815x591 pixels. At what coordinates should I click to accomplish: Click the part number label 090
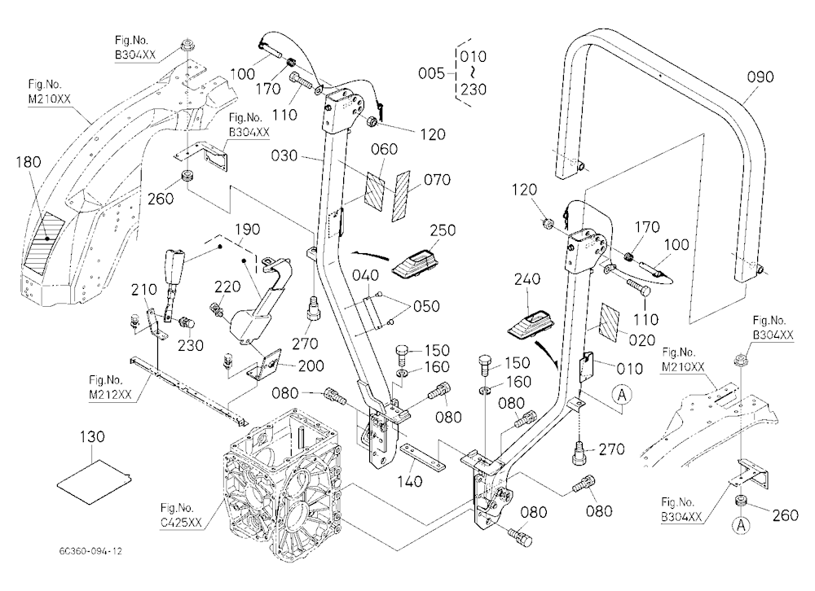coord(760,77)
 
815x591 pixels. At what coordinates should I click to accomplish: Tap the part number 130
coord(92,437)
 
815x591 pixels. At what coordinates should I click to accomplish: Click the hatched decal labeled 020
coord(609,323)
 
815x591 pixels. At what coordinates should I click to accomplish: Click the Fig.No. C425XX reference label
coord(180,515)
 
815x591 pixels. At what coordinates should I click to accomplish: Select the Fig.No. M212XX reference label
coord(110,387)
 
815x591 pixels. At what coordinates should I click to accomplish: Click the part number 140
coord(410,481)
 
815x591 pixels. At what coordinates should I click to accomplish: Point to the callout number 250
coord(443,230)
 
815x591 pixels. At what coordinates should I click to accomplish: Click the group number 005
coord(431,73)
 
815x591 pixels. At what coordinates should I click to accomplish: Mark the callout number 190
coord(248,229)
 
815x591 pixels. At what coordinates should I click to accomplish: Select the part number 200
coord(311,366)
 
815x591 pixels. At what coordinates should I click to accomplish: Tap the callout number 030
coord(284,155)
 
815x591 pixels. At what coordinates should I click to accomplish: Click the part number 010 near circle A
coord(629,369)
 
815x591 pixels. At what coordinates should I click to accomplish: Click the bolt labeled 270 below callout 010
coord(579,452)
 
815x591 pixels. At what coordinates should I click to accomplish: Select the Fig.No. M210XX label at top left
coord(50,91)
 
